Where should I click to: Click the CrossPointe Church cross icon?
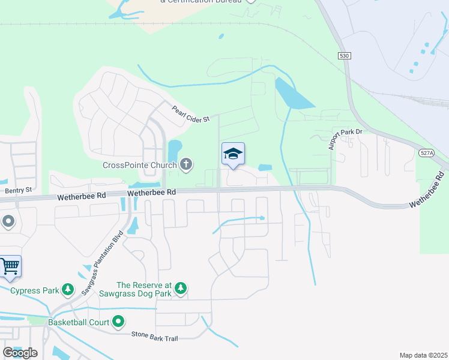click(x=186, y=164)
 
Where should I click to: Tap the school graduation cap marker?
click(x=233, y=154)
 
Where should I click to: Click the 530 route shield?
click(x=343, y=56)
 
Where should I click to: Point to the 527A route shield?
click(x=425, y=153)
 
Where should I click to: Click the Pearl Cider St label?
click(x=191, y=114)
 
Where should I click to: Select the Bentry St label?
click(x=17, y=190)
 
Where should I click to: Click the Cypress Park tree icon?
click(x=68, y=291)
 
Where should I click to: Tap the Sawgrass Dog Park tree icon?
click(x=181, y=290)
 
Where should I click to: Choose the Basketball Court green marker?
click(x=118, y=322)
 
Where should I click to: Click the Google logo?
click(x=20, y=352)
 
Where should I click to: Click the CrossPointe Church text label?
click(x=140, y=165)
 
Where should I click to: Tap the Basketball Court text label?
click(x=79, y=323)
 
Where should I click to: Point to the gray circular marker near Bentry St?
click(x=8, y=222)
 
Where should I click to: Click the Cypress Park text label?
click(x=34, y=291)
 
